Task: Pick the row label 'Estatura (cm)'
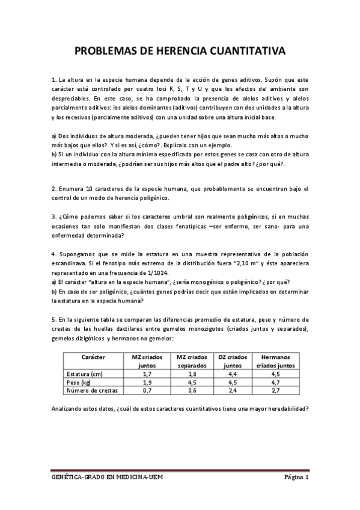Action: coord(85,373)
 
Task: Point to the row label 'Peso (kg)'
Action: coord(79,382)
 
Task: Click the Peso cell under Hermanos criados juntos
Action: coord(275,382)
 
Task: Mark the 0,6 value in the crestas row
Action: coord(192,390)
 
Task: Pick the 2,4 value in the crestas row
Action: coord(233,390)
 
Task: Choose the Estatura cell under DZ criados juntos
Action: coord(233,373)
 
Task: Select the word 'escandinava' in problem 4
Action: coord(71,263)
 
